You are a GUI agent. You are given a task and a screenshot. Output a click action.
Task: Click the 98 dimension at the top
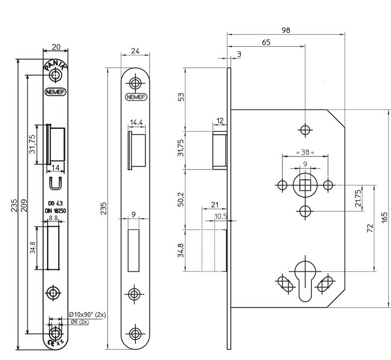[286, 30]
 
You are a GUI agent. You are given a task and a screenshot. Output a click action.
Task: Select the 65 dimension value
[266, 42]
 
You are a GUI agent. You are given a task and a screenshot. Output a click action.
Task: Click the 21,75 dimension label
[358, 198]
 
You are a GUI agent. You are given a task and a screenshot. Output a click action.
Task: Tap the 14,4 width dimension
[136, 123]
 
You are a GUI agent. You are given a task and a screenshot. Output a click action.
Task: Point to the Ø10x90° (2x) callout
[87, 315]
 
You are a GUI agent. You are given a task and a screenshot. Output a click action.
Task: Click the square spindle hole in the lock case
[305, 185]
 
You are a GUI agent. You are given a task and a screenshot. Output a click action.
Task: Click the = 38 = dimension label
[305, 152]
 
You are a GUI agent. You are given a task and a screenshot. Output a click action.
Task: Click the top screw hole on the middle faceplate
[136, 81]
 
